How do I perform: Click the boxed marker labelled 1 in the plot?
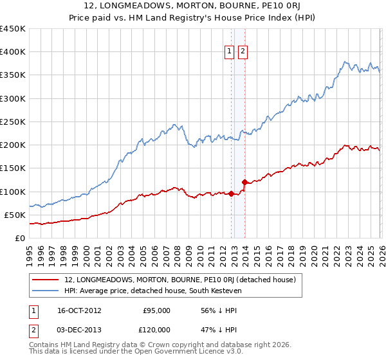230,53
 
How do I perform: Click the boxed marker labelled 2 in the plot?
243,53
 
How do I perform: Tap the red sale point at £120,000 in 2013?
244,182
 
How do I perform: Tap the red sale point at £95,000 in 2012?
232,194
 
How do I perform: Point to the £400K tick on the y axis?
13,52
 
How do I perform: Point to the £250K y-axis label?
13,122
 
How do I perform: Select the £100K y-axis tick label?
13,192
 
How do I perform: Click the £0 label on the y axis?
19,238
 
